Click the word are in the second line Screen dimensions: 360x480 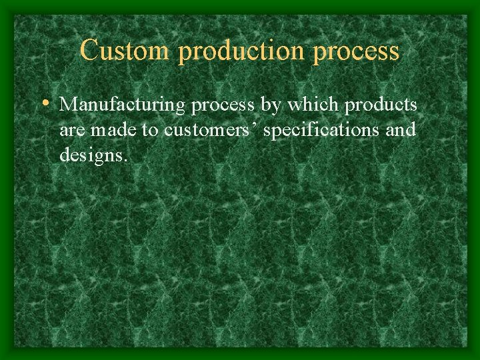(73, 130)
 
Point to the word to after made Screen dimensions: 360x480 (150, 130)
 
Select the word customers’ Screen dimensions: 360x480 (211, 130)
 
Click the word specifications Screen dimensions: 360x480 (321, 130)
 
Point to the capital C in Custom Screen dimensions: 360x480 (89, 51)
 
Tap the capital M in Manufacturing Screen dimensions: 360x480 (67, 105)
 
